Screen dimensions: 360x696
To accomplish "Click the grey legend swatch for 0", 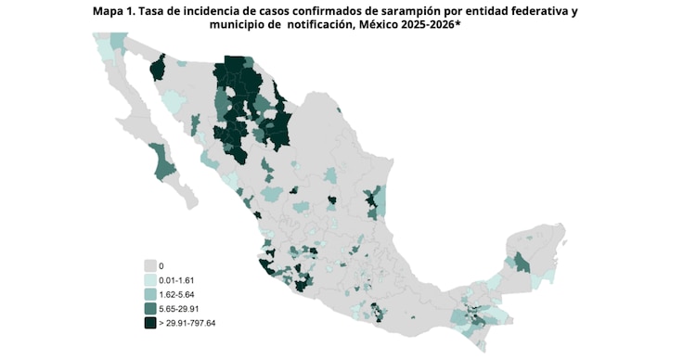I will click(149, 265).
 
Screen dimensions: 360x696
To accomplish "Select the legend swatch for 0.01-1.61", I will click(149, 279).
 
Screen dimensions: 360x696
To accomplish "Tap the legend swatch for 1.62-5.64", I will click(149, 294).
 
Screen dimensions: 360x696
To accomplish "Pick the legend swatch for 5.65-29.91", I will click(149, 308).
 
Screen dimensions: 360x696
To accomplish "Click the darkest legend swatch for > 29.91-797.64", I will click(149, 323).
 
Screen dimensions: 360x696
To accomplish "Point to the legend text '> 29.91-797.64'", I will click(187, 323).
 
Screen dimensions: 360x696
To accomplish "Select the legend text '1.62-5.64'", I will click(176, 294).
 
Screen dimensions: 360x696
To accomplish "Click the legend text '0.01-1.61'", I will click(176, 279).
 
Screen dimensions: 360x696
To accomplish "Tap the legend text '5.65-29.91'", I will click(179, 308).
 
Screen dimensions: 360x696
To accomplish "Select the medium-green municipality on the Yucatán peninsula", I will click(522, 263).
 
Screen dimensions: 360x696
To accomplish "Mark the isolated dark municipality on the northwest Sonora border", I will click(157, 68).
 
